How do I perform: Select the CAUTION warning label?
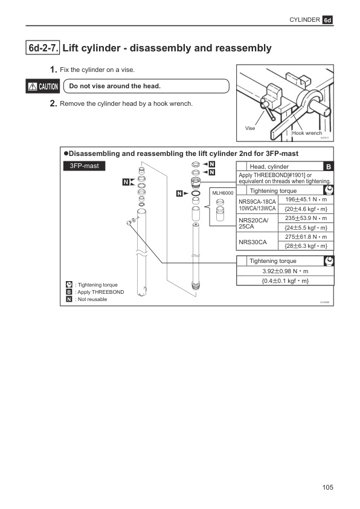42,86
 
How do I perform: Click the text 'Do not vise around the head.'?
115,86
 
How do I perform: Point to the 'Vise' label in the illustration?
251,128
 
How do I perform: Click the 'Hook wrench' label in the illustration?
307,133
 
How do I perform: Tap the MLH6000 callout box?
222,193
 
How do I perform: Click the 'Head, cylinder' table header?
269,166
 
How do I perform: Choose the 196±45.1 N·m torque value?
306,199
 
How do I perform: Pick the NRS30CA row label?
253,241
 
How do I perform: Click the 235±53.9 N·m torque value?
306,218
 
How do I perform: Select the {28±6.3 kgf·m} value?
306,246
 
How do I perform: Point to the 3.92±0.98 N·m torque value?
285,271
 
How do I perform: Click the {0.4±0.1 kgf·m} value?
285,280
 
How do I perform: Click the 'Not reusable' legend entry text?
91,300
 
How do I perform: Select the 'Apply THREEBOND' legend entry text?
100,292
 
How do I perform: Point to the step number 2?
53,103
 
